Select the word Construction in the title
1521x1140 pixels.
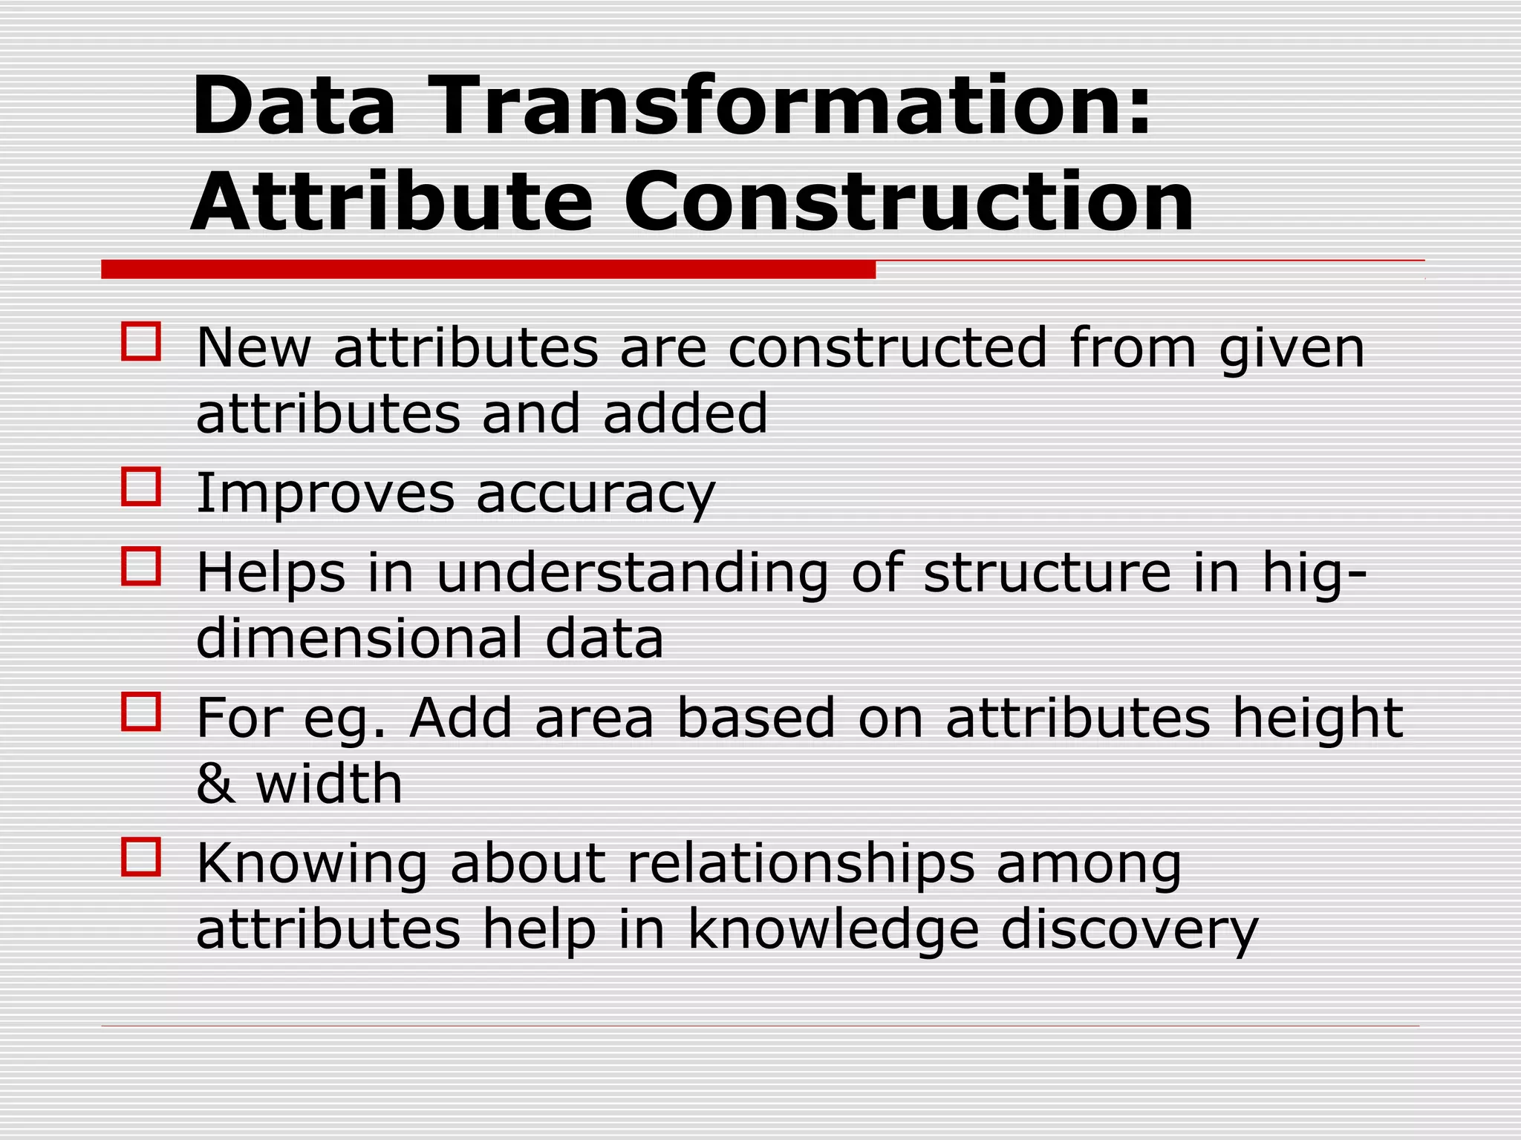pyautogui.click(x=908, y=202)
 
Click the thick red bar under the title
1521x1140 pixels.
pyautogui.click(x=488, y=269)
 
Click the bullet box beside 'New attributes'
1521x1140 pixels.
pyautogui.click(x=141, y=342)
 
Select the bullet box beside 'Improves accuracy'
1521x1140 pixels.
pyautogui.click(x=141, y=487)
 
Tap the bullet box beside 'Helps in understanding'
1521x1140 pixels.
pyautogui.click(x=141, y=566)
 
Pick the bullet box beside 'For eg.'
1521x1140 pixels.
pyautogui.click(x=141, y=712)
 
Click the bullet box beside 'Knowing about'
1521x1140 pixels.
pyautogui.click(x=141, y=857)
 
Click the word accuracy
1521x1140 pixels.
pyautogui.click(x=596, y=494)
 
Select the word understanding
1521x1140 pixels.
pyautogui.click(x=632, y=573)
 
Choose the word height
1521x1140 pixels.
pyautogui.click(x=1318, y=718)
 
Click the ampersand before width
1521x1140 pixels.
pyautogui.click(x=215, y=784)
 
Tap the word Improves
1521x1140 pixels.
pyautogui.click(x=325, y=494)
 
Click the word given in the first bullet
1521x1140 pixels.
pyautogui.click(x=1292, y=349)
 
